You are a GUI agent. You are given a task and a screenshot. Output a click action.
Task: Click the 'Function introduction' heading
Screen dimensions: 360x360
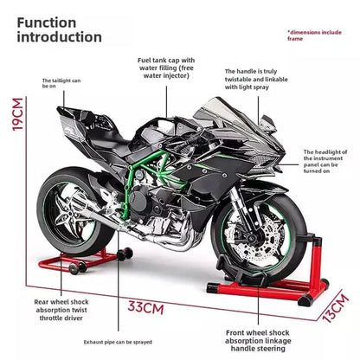coord(59,29)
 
